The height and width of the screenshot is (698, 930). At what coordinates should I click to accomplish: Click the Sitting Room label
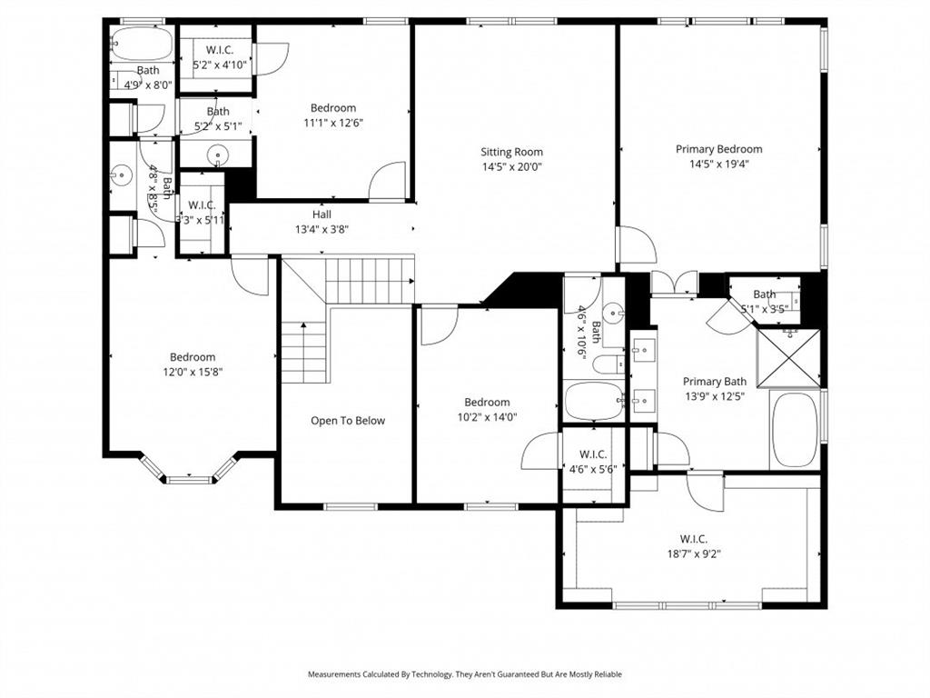click(x=511, y=152)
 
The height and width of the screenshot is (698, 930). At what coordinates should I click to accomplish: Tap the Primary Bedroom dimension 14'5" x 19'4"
click(x=718, y=165)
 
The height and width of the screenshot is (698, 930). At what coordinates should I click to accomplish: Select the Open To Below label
click(x=348, y=421)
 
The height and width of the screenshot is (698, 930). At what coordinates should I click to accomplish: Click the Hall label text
click(x=322, y=214)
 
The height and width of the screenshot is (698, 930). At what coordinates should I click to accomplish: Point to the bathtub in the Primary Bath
click(x=795, y=430)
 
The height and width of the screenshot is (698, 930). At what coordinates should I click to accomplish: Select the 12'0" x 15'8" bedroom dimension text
click(x=192, y=372)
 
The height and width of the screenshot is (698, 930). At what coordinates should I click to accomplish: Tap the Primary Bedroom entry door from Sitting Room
click(x=636, y=245)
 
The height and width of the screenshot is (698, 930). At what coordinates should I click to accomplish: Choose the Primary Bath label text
click(x=714, y=382)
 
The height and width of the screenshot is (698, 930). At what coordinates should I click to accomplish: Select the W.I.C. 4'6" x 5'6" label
click(x=593, y=454)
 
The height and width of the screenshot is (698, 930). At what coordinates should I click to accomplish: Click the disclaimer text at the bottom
click(x=464, y=674)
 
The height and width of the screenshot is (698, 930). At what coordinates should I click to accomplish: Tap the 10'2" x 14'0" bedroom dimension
click(x=487, y=417)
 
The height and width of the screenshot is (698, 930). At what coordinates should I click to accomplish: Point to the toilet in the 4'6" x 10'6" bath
click(x=606, y=365)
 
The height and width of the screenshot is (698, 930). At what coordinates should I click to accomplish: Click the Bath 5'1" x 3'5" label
click(x=764, y=294)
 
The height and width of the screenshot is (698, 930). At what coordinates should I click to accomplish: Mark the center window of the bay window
click(x=190, y=478)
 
